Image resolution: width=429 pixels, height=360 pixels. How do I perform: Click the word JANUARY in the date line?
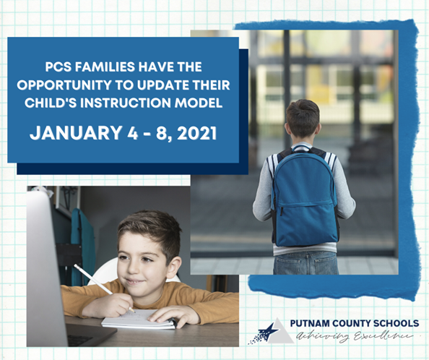tap(75, 133)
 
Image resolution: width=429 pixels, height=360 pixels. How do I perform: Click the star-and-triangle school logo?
tap(271, 331)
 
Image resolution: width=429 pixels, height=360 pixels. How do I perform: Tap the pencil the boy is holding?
tap(104, 288)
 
